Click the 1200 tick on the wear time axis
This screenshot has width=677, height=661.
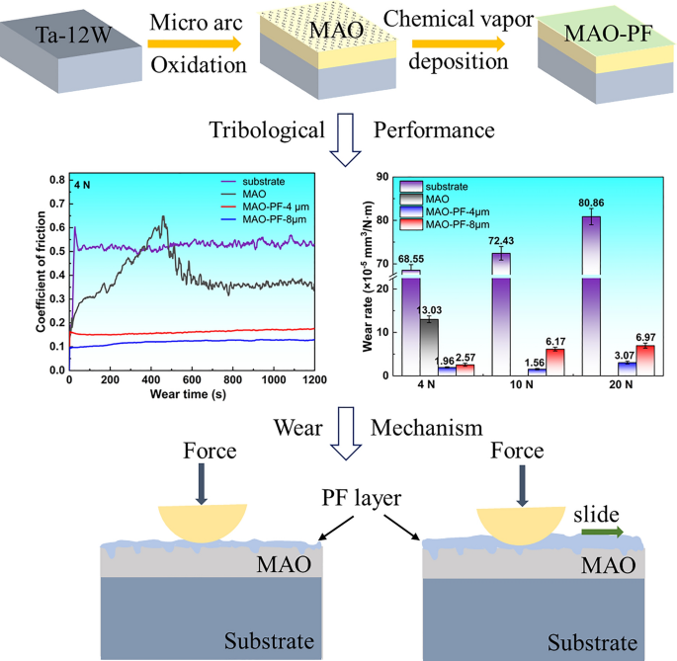(314, 380)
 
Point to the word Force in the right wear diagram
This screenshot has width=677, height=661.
(517, 452)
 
